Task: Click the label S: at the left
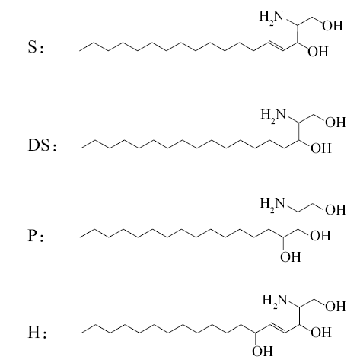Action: click(36, 47)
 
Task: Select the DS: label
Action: click(42, 145)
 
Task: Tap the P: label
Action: click(36, 236)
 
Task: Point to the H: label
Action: click(37, 333)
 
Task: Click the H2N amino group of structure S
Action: click(271, 17)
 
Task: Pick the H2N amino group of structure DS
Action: click(273, 115)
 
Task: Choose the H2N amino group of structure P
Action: click(272, 203)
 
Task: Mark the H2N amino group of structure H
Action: click(275, 300)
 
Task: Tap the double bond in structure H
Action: click(277, 328)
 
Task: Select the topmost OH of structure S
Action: click(333, 26)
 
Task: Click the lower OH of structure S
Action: click(318, 52)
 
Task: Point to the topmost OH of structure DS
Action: click(336, 123)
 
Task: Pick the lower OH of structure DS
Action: click(321, 148)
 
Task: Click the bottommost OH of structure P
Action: click(291, 257)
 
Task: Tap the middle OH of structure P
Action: click(320, 236)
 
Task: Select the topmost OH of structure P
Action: click(336, 210)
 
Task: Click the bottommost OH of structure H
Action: click(263, 352)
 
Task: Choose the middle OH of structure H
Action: click(321, 333)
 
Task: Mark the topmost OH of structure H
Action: click(336, 307)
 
